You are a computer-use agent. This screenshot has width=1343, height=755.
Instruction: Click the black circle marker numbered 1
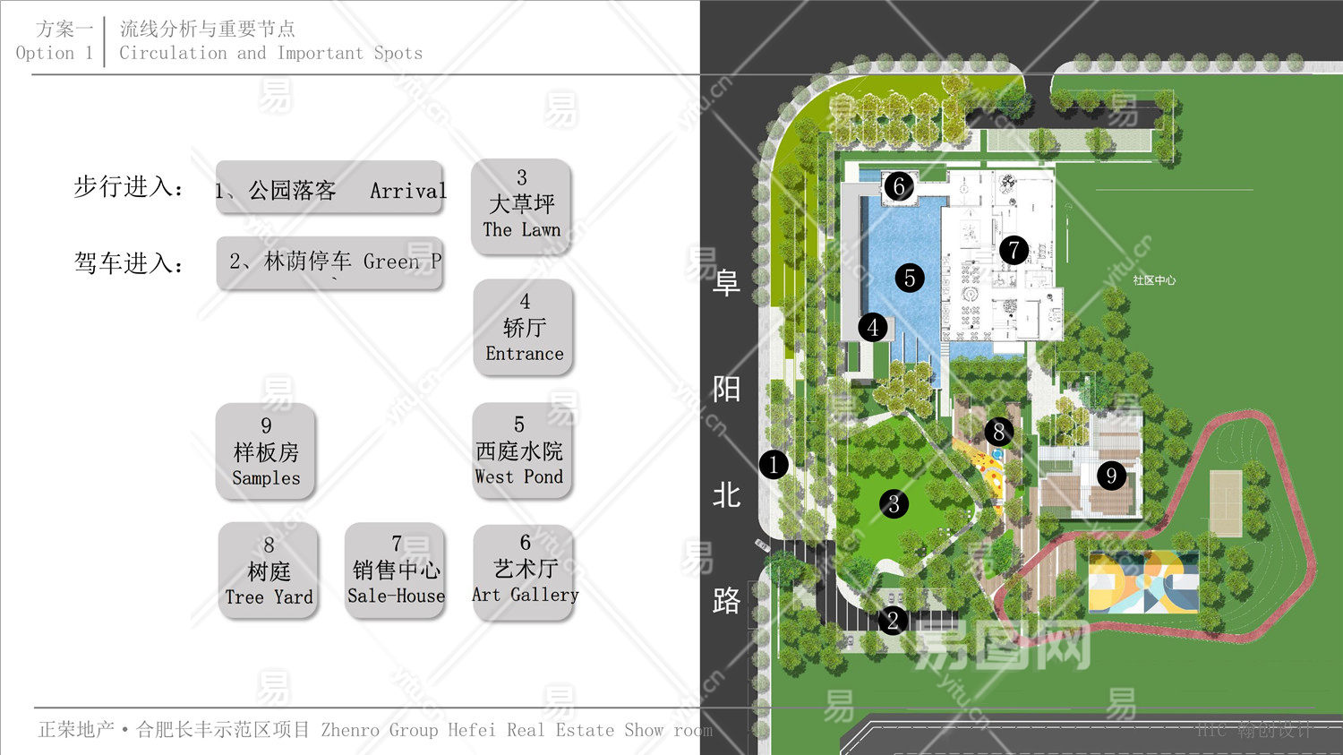point(774,465)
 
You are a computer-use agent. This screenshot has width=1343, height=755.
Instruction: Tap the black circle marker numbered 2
point(892,620)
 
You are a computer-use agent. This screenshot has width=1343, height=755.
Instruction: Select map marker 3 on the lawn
point(893,504)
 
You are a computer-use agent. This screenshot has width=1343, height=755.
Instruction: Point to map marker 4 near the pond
point(873,328)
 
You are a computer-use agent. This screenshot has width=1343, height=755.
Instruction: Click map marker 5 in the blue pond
point(910,278)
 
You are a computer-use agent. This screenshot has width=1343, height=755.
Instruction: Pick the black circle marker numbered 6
point(899,186)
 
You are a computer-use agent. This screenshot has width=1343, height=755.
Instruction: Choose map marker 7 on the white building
point(1014,250)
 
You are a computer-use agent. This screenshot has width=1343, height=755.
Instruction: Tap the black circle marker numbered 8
point(999,432)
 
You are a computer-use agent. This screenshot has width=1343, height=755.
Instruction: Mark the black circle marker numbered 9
point(1111,476)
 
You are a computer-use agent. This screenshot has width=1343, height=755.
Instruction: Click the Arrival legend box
point(329,188)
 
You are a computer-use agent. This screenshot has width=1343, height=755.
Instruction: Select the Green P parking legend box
point(329,262)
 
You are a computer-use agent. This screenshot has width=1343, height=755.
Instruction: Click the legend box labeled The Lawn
point(521,205)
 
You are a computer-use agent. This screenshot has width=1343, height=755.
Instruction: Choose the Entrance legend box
point(524,328)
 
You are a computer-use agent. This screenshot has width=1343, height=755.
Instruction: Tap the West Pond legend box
point(520,450)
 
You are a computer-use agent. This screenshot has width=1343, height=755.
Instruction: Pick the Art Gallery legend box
point(525,571)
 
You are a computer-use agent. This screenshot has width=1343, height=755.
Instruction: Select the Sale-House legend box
point(396,571)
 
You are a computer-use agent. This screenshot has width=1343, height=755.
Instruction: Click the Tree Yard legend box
point(269,571)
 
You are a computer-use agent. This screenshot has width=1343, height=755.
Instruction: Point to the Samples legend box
point(266,451)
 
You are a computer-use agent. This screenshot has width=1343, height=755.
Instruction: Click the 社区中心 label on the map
point(1153,280)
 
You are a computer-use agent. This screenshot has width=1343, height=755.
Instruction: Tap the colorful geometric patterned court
point(1143,583)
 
